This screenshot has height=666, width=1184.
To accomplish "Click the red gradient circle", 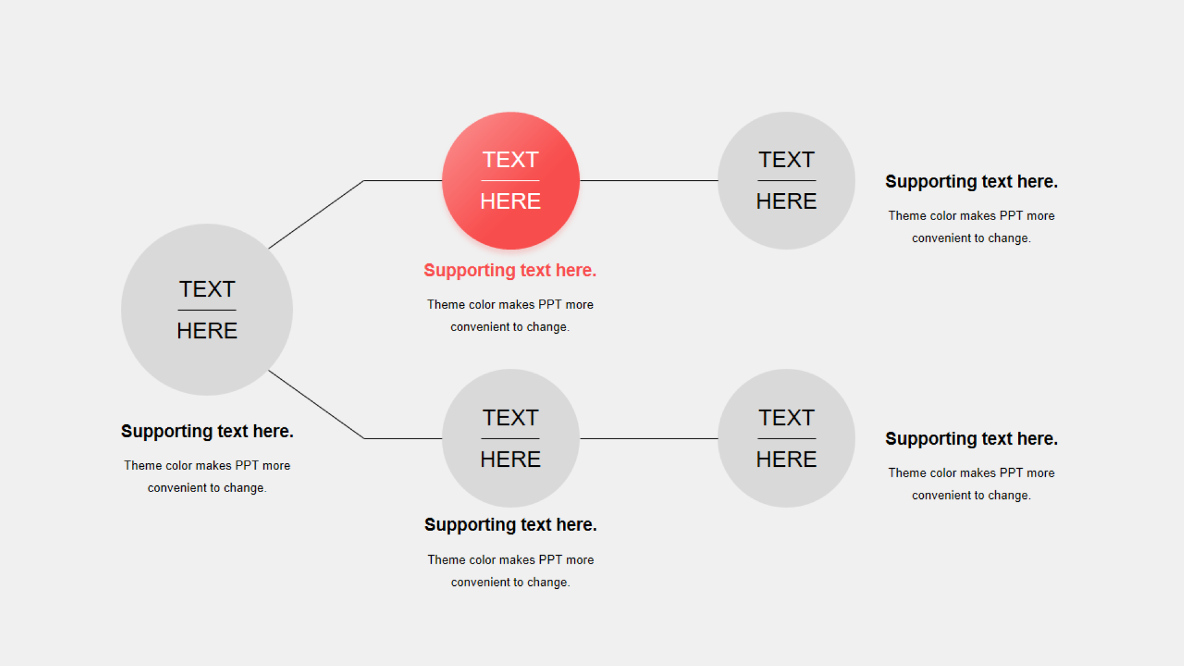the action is [x=511, y=181].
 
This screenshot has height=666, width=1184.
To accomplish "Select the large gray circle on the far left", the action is [x=207, y=310].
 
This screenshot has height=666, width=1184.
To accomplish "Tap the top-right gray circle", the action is [x=786, y=181].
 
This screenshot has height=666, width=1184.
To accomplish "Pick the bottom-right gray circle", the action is [x=786, y=438].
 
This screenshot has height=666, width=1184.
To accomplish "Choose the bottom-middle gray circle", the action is [x=511, y=438].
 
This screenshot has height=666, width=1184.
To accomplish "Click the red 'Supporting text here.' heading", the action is [x=510, y=271].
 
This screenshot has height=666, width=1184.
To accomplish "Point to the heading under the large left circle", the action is [x=207, y=432].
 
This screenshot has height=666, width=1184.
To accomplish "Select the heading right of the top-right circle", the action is [x=971, y=182].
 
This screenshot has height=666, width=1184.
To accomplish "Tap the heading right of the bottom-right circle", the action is [x=971, y=439].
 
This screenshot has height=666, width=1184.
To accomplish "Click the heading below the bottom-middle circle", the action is [x=511, y=525].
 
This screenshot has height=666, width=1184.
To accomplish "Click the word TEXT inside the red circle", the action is [x=511, y=160].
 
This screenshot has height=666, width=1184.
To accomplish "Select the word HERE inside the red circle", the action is [x=511, y=201].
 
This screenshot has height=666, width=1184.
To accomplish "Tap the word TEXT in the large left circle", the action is [x=207, y=289].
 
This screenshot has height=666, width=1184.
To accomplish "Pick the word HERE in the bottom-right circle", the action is [x=786, y=459].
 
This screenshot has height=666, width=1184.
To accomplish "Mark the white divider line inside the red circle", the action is [x=511, y=181].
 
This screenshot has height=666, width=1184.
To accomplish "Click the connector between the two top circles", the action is [x=649, y=181].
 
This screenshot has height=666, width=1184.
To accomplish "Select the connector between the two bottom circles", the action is [x=649, y=438].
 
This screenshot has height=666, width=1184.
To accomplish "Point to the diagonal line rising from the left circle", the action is [x=316, y=215].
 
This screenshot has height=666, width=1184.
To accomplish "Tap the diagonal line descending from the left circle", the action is [x=316, y=405].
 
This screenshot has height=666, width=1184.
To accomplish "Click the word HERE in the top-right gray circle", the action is [x=786, y=201].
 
